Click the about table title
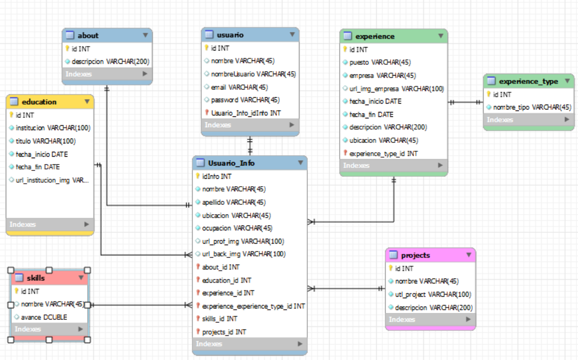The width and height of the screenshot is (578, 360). (x=88, y=35)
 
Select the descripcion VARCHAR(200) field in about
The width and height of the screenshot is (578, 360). (x=110, y=62)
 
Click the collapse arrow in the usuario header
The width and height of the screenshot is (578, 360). (x=292, y=34)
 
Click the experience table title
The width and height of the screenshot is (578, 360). (x=375, y=36)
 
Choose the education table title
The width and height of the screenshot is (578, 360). (x=39, y=102)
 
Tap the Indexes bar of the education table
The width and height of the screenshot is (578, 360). (x=50, y=224)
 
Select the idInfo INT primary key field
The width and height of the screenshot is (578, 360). (x=216, y=176)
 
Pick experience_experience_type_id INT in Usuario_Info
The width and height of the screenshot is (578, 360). (x=253, y=306)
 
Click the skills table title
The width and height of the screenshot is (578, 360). (x=36, y=278)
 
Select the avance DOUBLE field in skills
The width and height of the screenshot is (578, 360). (x=44, y=317)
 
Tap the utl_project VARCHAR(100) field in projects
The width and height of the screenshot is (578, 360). (x=433, y=294)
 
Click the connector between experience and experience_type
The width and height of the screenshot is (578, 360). (x=466, y=102)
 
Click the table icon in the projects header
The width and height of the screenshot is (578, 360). (x=393, y=255)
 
